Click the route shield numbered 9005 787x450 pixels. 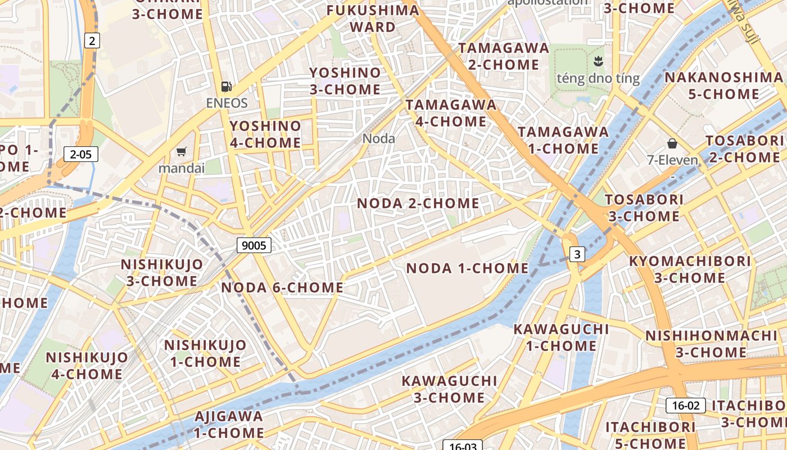tap(254, 245)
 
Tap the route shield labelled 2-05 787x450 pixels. tap(81, 154)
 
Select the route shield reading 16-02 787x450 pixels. tap(686, 406)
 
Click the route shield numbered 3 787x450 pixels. tap(577, 255)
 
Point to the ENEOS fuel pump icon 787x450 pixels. tap(227, 86)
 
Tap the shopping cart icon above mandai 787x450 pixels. tap(181, 151)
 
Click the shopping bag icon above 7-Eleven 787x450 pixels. tap(672, 143)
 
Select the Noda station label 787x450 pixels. tap(378, 138)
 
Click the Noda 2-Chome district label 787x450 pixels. tap(418, 203)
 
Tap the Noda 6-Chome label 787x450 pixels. tap(282, 288)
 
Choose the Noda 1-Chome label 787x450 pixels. tap(467, 268)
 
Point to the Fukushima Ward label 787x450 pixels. tap(373, 19)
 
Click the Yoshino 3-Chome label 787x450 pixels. tap(345, 81)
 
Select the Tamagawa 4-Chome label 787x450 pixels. tap(451, 113)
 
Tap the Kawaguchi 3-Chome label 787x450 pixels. tap(449, 389)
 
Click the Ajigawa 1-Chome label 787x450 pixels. tap(229, 425)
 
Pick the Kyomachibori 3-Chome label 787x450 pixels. tap(690, 269)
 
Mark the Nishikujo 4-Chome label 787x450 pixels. tap(87, 366)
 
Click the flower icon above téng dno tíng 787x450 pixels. tap(597, 61)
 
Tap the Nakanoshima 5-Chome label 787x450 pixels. tap(723, 85)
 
